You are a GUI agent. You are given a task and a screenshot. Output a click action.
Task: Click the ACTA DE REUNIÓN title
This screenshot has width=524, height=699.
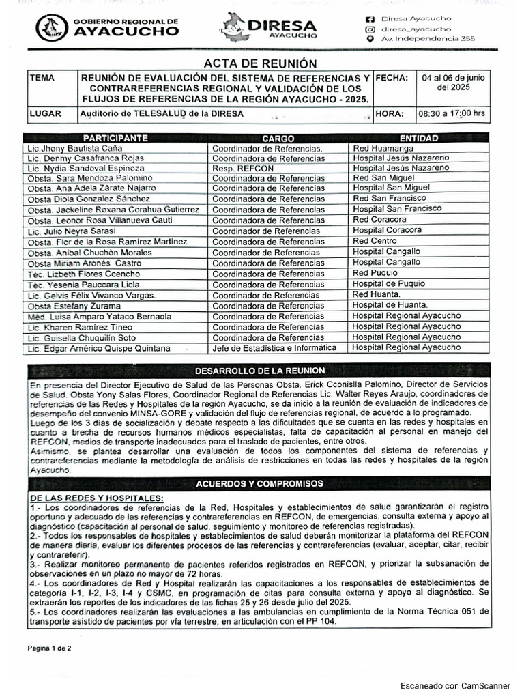click(x=261, y=63)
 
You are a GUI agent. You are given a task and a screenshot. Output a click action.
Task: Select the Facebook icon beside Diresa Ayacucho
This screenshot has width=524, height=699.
click(x=370, y=18)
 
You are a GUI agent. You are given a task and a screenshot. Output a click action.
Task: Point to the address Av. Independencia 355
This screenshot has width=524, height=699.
click(x=428, y=40)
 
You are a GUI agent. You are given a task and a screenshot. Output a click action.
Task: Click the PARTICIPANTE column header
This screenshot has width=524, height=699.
click(x=116, y=139)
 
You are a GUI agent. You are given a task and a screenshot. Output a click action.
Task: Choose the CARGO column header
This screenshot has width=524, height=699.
click(x=278, y=139)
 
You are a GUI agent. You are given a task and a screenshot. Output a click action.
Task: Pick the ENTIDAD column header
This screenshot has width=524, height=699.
click(x=419, y=139)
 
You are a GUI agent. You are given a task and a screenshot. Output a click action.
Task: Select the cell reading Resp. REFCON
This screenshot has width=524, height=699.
click(x=242, y=169)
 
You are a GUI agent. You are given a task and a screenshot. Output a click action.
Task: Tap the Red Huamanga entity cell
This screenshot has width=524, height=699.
click(x=383, y=148)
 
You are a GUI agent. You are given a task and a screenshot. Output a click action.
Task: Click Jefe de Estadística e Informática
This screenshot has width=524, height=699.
click(x=274, y=348)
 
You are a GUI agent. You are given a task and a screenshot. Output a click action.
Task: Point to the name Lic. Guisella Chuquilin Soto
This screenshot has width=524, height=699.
click(x=81, y=338)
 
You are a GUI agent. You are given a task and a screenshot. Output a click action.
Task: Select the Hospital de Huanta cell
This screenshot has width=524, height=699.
click(x=390, y=305)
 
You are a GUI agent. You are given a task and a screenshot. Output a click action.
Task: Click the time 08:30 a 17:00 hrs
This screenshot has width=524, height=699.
click(x=451, y=114)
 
